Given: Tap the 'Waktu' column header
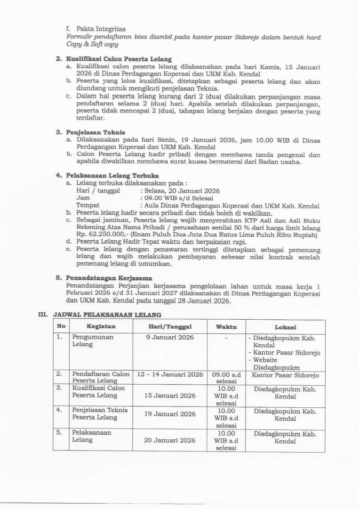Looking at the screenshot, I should coord(226,327).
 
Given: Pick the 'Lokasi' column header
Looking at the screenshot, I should coord(285,327).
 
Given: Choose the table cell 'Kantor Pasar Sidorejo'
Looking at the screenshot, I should coord(285,375).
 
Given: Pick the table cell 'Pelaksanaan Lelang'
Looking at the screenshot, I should coord(92,436).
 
